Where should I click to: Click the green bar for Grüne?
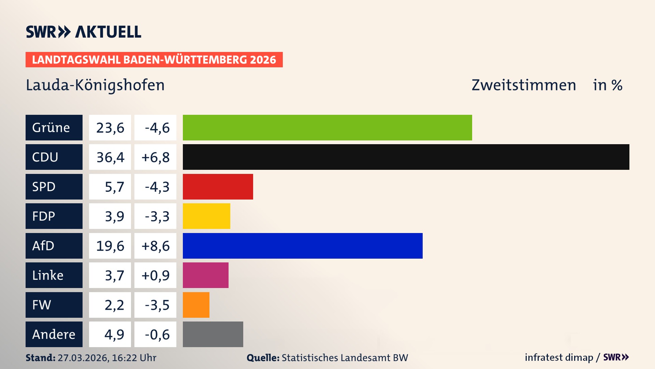tap(327, 127)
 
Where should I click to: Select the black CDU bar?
tap(406, 157)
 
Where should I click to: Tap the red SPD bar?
tap(218, 187)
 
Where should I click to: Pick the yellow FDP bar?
tap(206, 216)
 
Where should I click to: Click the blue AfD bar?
tap(303, 246)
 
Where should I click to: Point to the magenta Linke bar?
tap(205, 275)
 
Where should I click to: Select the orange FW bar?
tap(196, 305)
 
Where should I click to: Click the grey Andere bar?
tap(213, 334)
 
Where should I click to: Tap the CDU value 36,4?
tap(110, 157)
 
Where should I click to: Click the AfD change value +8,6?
tap(155, 246)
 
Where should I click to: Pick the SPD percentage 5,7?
tap(114, 187)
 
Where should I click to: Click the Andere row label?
tap(54, 334)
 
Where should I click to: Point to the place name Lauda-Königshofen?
tap(95, 85)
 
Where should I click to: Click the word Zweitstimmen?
tap(524, 85)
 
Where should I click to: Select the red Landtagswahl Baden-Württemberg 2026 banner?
tap(154, 59)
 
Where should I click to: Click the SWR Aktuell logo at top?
tap(84, 32)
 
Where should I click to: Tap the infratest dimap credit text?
tap(558, 357)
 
